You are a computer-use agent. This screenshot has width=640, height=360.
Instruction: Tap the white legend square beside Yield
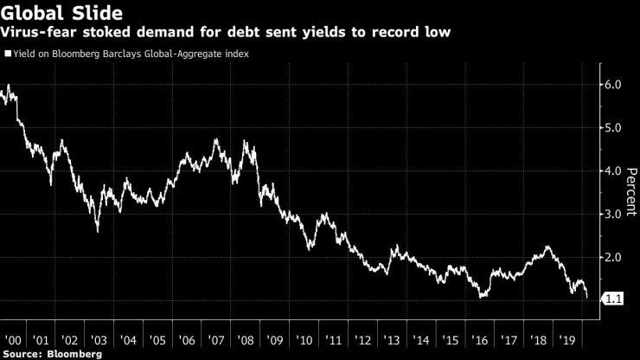pos(7,54)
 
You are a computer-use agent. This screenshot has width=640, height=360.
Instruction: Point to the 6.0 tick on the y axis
pos(613,85)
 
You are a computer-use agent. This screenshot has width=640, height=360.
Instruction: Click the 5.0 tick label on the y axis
pos(613,128)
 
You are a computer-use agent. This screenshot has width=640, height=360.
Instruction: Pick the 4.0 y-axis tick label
pos(613,171)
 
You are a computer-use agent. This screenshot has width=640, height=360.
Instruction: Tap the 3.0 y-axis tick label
pos(613,215)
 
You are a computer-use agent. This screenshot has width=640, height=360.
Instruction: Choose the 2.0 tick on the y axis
pos(613,258)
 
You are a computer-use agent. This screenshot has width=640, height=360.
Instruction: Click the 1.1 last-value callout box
pos(611,299)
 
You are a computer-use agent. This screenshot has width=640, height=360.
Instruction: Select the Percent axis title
pos(630,192)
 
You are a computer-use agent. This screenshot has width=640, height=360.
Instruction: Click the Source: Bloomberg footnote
pos(52,353)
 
